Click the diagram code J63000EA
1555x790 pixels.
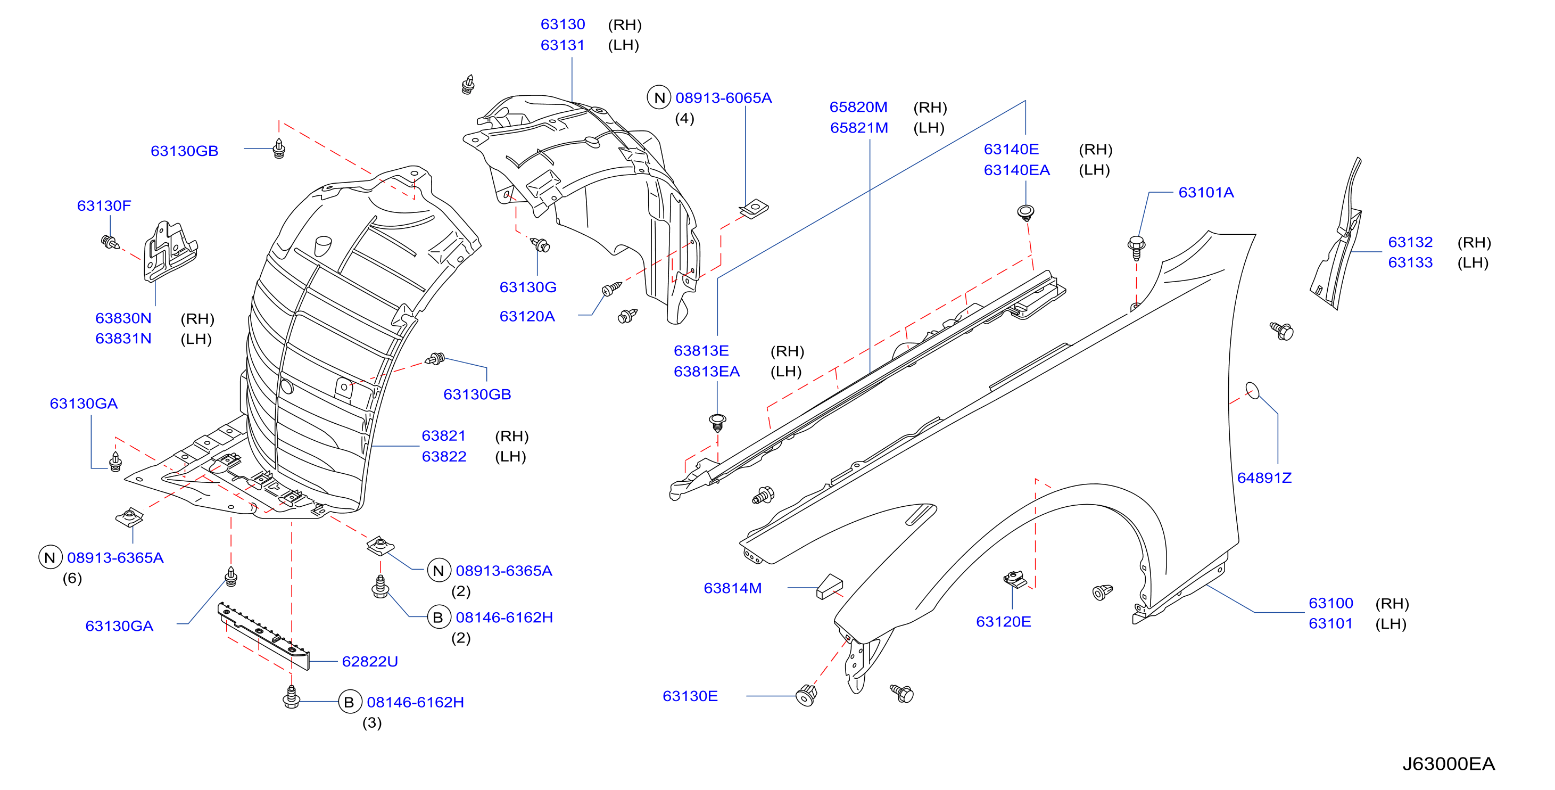[1448, 764]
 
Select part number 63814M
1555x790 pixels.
[732, 588]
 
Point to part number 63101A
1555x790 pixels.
[1205, 193]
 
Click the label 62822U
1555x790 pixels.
[369, 661]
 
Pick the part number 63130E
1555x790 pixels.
[690, 696]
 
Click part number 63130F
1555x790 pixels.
[104, 205]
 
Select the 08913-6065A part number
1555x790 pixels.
[723, 98]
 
